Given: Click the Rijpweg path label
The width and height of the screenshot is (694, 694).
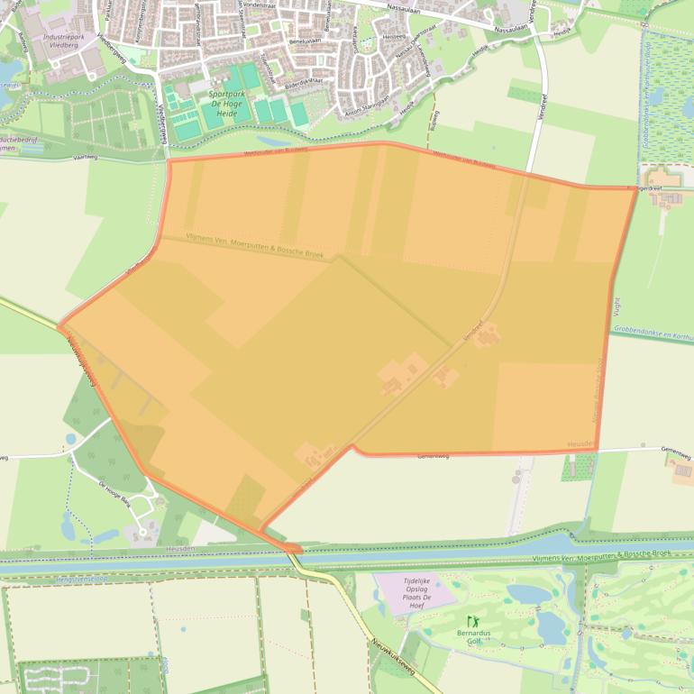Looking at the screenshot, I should [435, 117].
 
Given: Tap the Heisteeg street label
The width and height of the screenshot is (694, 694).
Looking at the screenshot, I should [394, 37].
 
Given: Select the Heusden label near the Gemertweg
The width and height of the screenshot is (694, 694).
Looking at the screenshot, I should [581, 444].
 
